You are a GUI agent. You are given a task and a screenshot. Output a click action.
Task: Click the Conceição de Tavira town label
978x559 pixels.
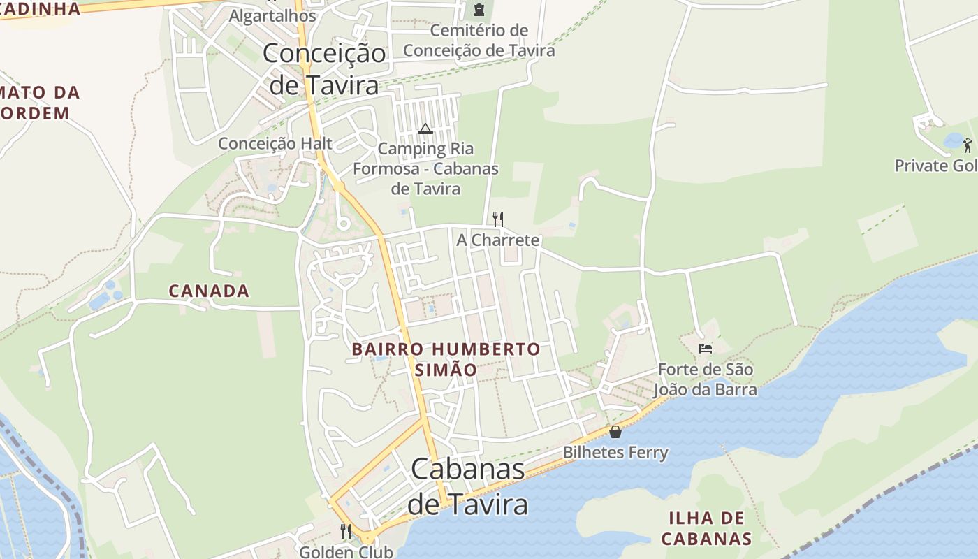[324, 68]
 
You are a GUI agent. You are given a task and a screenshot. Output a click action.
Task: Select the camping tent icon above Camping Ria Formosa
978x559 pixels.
[425, 129]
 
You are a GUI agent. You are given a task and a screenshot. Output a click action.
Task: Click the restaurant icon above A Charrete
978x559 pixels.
[497, 219]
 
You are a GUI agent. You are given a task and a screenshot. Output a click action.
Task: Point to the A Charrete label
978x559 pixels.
[497, 240]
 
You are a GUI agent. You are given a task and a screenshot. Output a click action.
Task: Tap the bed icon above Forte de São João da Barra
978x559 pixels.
[705, 348]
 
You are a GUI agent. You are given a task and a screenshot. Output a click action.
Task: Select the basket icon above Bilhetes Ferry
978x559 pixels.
[615, 432]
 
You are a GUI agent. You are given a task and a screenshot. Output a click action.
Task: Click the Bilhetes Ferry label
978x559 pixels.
[615, 453]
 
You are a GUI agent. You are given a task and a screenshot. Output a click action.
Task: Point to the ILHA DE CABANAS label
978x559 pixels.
[706, 528]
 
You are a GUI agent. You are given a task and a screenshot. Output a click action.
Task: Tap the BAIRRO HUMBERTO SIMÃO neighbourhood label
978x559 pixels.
[446, 359]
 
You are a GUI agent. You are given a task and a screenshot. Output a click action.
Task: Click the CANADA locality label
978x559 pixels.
[209, 291]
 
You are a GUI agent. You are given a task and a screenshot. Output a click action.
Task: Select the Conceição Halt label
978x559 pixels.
[275, 143]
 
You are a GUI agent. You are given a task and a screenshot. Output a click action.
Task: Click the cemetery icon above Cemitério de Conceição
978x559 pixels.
[479, 10]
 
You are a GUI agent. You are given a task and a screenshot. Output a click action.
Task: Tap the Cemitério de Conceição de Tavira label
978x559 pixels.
[479, 41]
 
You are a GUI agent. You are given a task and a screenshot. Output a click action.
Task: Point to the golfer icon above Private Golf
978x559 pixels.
[967, 145]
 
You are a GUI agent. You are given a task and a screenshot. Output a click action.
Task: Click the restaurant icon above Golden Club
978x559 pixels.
[345, 532]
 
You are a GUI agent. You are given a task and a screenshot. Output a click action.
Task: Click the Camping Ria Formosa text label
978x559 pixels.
[425, 168]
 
